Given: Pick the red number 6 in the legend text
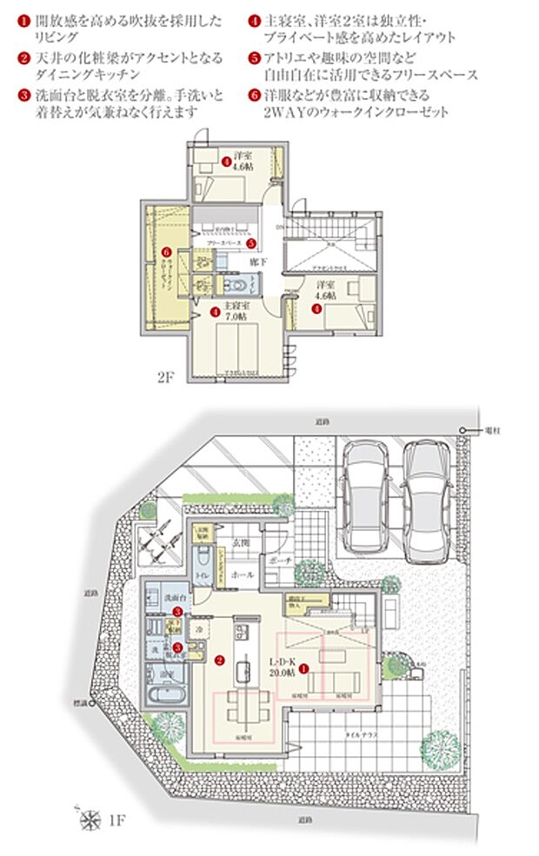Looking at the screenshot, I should click(254, 95).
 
